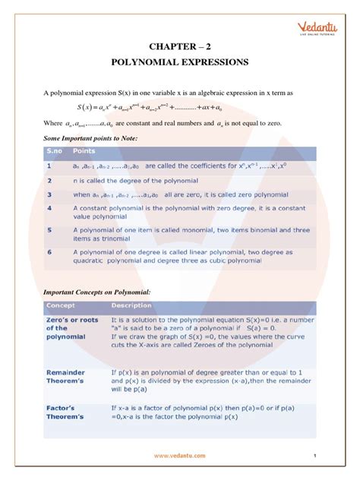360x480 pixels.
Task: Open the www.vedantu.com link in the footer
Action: pyautogui.click(x=179, y=456)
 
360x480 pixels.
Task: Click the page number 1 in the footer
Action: pyautogui.click(x=314, y=456)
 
